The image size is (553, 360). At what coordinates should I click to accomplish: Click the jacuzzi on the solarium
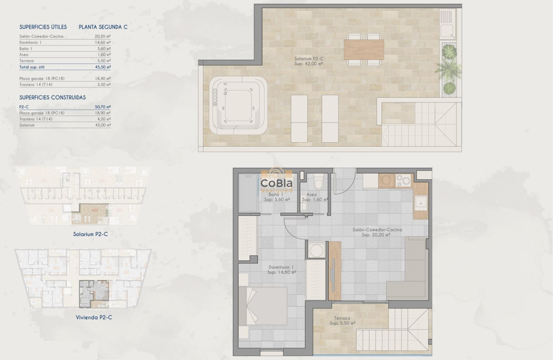coord(238,105)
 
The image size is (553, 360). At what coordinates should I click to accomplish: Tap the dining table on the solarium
coord(364,50)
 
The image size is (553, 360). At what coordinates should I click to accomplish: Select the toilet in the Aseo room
coord(318,183)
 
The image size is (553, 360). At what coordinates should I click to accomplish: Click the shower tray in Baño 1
coord(247,192)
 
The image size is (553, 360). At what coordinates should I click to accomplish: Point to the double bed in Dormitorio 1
coord(262,306)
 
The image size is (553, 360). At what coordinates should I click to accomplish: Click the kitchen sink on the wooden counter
coord(420,203)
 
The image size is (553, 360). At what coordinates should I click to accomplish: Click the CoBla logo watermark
coord(277,183)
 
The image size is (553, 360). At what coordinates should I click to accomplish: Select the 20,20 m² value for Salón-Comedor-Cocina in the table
coord(102,36)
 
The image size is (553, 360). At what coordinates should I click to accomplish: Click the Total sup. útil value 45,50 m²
coord(102,67)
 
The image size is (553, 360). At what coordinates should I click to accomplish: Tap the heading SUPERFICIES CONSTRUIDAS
coord(52,98)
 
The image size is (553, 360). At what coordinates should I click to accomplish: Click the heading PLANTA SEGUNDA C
coord(103,27)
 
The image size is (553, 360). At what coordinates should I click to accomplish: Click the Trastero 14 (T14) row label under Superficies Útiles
coord(36,85)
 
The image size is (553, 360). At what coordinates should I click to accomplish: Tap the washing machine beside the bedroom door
coord(315,250)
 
